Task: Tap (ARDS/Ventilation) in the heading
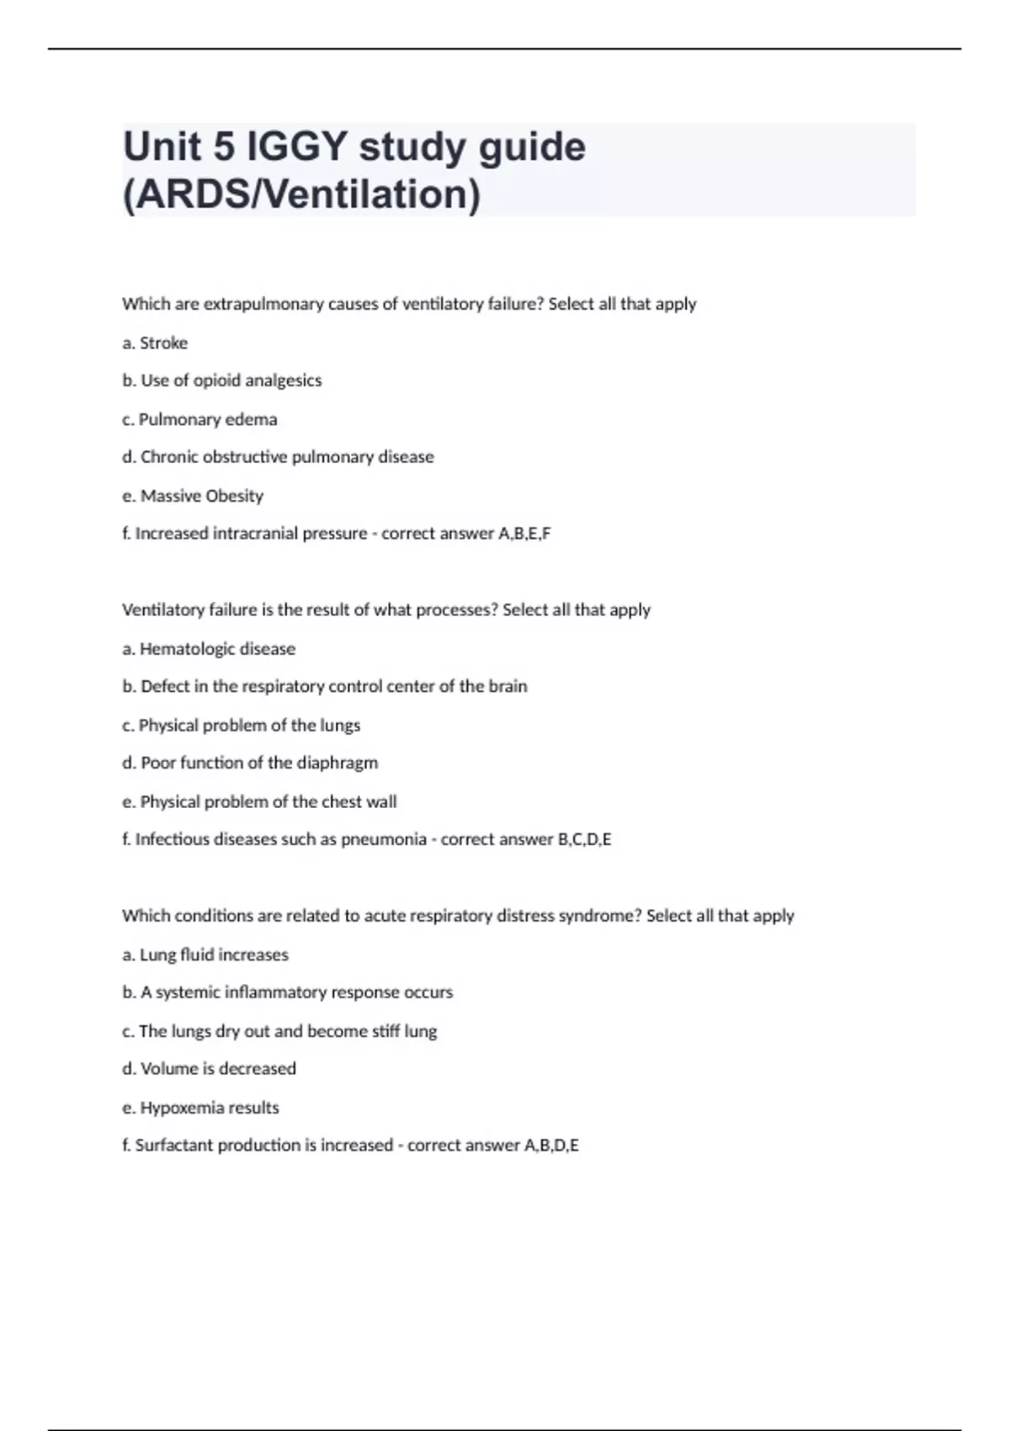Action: coord(302,194)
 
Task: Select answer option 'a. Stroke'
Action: coord(155,343)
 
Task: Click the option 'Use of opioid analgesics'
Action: coord(222,380)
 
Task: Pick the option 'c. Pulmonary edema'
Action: coord(199,419)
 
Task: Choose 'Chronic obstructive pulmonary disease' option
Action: coord(279,457)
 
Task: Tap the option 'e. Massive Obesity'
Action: coord(193,496)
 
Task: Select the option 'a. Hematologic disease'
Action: coord(209,649)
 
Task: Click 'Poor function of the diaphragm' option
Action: coord(250,763)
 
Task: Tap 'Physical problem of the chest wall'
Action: coord(259,801)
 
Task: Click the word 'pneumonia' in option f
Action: coord(384,839)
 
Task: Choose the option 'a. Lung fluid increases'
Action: coord(205,955)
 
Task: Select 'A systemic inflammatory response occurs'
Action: coord(288,992)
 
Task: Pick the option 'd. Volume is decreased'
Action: coord(209,1069)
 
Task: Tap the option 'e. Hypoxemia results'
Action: coord(200,1108)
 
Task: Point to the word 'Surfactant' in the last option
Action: coord(174,1146)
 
